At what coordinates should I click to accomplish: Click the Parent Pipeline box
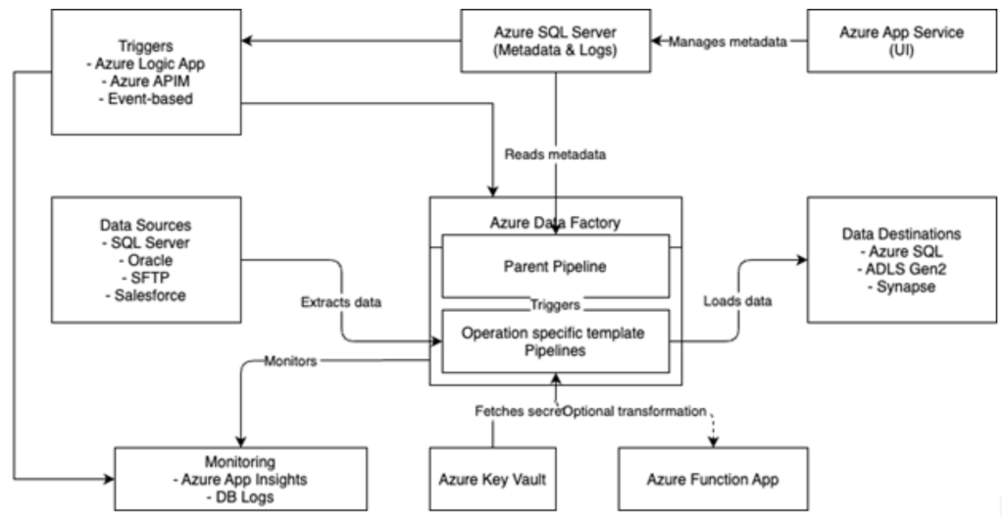(555, 264)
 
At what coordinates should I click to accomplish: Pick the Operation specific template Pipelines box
(555, 340)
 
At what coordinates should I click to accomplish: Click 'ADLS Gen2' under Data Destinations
(900, 270)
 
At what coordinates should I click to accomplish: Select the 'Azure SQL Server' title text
(555, 32)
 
